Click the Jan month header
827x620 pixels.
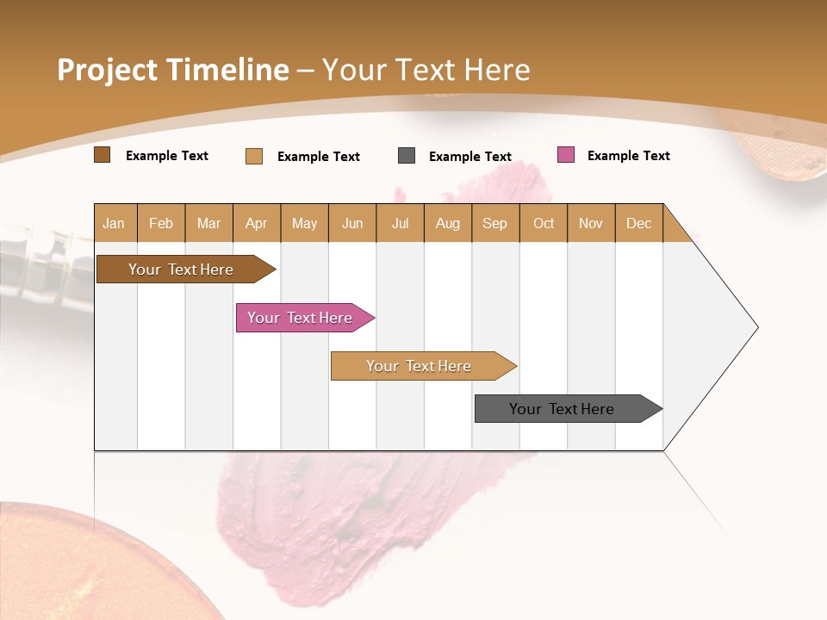115,223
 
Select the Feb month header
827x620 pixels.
161,223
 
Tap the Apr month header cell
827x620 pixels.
257,223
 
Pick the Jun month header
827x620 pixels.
352,223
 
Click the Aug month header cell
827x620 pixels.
448,223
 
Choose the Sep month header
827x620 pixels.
495,223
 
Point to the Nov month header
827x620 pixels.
591,223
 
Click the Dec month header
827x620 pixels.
639,223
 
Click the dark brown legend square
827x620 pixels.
103,155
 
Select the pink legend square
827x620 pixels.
565,155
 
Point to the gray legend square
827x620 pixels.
407,156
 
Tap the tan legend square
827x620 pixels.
254,156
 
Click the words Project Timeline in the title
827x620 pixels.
173,70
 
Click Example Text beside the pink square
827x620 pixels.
628,156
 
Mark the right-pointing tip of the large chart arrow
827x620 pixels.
755,327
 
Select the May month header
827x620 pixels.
304,223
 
